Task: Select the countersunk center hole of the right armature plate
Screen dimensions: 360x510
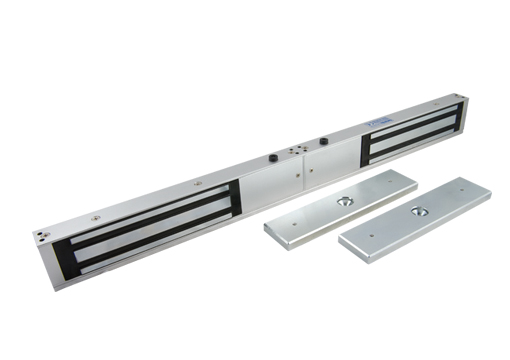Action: click(413, 212)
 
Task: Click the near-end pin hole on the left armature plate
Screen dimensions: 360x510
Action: click(282, 228)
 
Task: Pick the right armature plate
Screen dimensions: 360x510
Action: click(415, 219)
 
